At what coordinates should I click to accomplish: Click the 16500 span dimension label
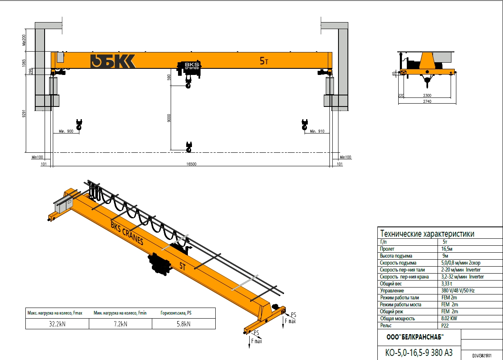point(191,164)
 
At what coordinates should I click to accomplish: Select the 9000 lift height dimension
point(169,118)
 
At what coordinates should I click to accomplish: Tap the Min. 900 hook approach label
point(66,131)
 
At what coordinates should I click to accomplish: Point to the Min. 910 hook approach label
point(317,131)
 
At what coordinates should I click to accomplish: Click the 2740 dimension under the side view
point(427,101)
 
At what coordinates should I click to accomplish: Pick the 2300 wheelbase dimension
point(427,95)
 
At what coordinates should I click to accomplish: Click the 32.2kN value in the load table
point(57,324)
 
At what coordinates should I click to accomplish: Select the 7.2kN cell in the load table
point(121,324)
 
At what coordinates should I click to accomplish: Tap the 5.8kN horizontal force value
point(184,324)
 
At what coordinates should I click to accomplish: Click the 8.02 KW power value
point(449,318)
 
